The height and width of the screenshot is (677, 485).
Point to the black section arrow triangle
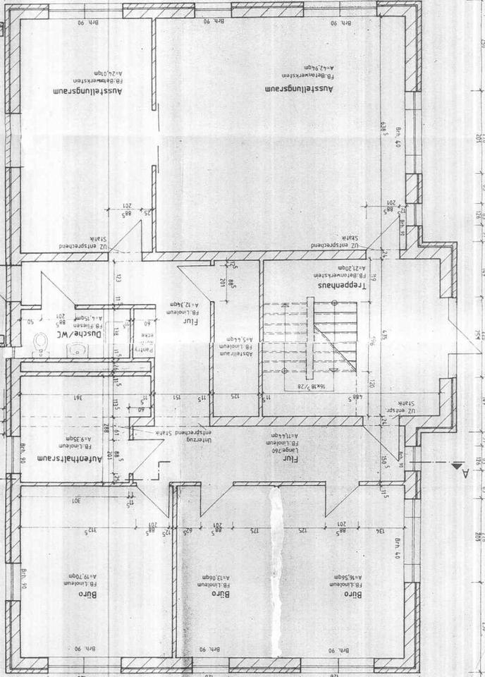pyautogui.click(x=457, y=465)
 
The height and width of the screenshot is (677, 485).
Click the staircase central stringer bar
pyautogui.click(x=309, y=338)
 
